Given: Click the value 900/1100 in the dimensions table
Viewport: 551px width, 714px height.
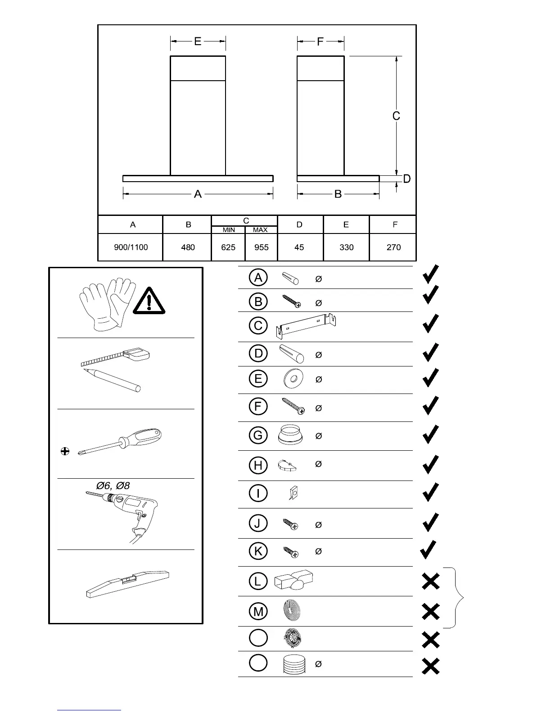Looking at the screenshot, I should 131,247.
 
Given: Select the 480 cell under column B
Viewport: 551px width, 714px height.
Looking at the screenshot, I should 188,247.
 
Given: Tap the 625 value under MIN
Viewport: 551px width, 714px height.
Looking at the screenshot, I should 228,247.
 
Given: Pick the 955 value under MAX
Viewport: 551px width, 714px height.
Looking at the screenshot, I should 262,247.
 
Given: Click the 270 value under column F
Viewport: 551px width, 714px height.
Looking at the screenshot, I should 393,247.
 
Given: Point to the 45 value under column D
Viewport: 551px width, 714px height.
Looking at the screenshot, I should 299,247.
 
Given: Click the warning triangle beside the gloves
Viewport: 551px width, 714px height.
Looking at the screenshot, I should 149,301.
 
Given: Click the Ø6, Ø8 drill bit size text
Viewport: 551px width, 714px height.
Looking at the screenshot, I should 113,485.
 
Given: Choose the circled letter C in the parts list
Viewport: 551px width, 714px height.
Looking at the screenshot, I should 258,325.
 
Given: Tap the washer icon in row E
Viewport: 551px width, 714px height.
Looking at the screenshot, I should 294,379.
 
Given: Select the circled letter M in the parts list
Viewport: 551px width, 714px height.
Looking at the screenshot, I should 258,611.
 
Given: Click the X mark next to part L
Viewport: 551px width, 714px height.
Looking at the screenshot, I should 431,582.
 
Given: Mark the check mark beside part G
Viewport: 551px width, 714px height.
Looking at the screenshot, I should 431,435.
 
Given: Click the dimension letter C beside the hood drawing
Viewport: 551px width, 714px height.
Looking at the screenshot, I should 396,116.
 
